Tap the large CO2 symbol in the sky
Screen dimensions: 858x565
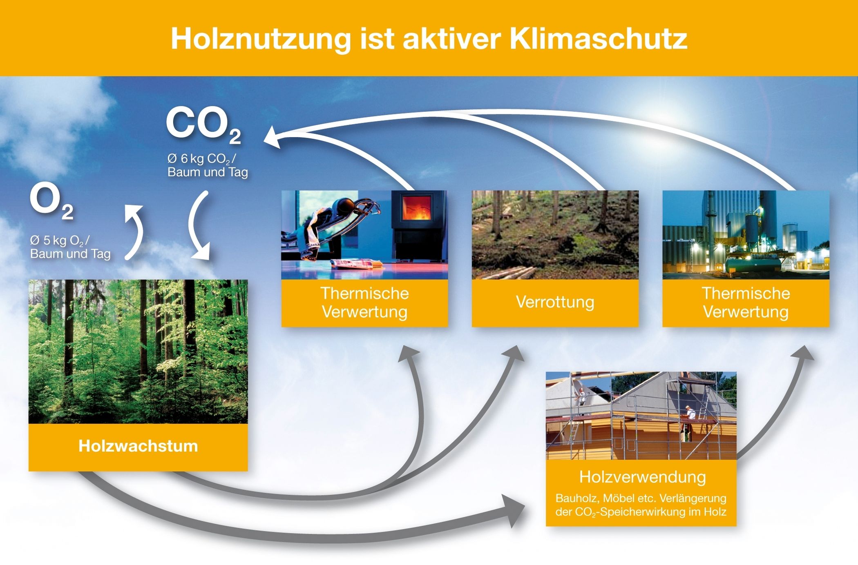203,125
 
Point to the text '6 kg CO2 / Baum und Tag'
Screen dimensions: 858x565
208,165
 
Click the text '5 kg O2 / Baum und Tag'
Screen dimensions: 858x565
70,247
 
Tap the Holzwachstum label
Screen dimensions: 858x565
138,446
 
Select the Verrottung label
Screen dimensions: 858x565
555,302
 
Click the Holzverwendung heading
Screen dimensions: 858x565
642,477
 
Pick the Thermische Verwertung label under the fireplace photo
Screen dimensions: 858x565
364,303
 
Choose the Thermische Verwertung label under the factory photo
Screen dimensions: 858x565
746,303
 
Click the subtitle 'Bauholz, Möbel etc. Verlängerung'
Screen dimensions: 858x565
641,498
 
